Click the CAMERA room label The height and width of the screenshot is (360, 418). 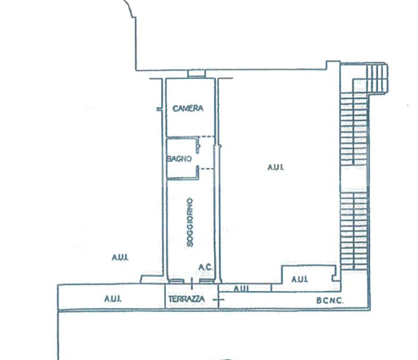point(188,108)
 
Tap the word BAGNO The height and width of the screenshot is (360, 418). point(179,158)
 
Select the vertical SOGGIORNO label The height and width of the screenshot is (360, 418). point(190,223)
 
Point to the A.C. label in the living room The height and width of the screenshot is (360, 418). point(206,267)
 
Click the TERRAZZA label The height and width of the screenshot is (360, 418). point(186,299)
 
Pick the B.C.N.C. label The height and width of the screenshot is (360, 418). point(329,301)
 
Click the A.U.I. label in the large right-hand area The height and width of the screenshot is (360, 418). point(276,167)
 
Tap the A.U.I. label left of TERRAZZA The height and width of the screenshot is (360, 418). point(113,299)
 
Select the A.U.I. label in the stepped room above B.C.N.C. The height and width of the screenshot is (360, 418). point(299,279)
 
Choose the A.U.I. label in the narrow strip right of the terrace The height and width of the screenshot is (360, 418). point(241,288)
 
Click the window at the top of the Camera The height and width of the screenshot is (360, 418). point(197,74)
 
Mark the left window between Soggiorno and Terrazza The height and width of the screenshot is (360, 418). point(176,281)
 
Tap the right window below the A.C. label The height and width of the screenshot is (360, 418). point(207,281)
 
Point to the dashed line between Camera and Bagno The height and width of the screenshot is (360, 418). point(207,137)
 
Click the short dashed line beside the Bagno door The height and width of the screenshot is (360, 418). point(207,169)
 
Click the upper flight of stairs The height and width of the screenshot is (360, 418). point(354,128)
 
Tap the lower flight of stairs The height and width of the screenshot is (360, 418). point(354,231)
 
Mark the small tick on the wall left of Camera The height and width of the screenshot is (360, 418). point(159,109)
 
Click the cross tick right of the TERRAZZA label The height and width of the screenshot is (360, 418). point(219,300)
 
